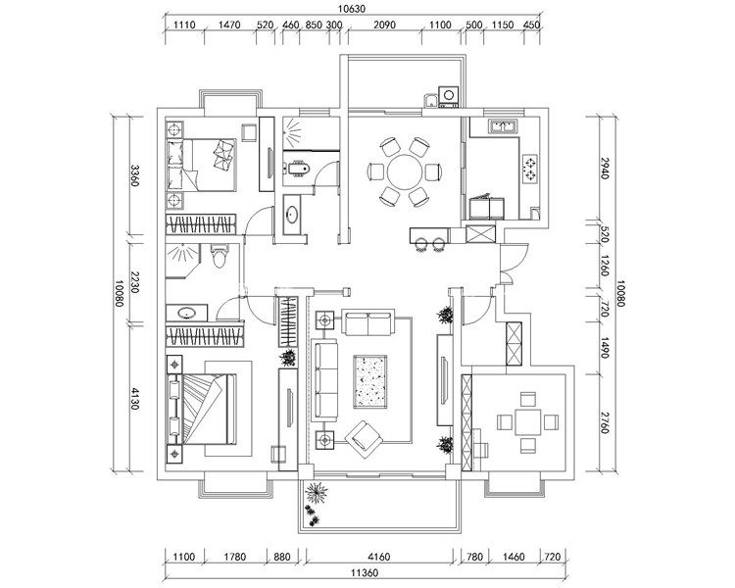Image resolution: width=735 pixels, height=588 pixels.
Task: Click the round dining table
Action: (x=404, y=171)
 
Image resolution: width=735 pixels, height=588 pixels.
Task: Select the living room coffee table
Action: (x=369, y=381)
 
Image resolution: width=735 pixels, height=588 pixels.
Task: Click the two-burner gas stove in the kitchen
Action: (x=529, y=169)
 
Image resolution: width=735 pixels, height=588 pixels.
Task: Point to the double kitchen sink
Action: (x=502, y=125)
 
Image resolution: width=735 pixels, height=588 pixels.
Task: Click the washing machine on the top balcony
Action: (x=449, y=96)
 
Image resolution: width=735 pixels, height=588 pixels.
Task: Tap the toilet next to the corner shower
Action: (x=219, y=256)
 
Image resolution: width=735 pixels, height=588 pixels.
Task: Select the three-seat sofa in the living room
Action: (x=325, y=381)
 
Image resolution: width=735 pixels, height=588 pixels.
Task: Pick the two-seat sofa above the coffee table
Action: (x=367, y=322)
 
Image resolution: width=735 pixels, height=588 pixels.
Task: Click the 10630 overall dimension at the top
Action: (x=351, y=9)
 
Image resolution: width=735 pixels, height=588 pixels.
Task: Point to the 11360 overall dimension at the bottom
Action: (x=365, y=572)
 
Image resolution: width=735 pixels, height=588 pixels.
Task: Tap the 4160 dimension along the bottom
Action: (x=378, y=557)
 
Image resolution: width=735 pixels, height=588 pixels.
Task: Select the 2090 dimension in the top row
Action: (x=384, y=24)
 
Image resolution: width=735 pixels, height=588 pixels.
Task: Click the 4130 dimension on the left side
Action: (x=134, y=399)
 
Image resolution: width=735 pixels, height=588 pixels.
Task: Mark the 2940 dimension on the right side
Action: (x=605, y=168)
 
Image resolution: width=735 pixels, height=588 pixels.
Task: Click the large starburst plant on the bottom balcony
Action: (x=317, y=493)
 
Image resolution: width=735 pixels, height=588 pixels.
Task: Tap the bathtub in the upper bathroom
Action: (x=297, y=169)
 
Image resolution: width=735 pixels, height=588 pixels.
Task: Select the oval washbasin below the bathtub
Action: (x=293, y=215)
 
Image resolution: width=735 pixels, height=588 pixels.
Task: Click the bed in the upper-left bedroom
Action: (x=201, y=165)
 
